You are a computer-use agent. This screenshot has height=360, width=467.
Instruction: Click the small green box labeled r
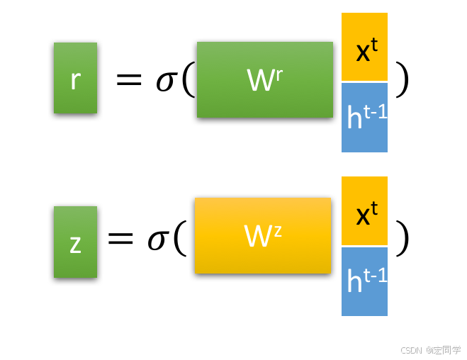click(75, 78)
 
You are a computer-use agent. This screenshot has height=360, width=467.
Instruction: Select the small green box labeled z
click(75, 242)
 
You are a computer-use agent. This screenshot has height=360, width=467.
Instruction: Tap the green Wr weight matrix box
click(264, 79)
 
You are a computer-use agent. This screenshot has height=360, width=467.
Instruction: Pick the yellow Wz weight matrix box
click(262, 235)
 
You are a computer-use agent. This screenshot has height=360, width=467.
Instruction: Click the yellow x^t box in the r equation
click(364, 47)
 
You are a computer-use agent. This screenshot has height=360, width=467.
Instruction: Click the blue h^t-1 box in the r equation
click(364, 118)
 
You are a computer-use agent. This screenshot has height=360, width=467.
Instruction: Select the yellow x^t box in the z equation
click(364, 210)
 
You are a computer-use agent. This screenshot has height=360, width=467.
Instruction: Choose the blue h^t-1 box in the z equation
click(364, 281)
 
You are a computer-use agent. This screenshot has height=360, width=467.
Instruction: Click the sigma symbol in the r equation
click(166, 81)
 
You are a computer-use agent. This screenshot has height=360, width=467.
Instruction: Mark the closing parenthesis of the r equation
click(403, 79)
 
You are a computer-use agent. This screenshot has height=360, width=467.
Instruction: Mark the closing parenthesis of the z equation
click(403, 237)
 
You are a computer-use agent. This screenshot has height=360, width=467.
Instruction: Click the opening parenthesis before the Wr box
click(187, 80)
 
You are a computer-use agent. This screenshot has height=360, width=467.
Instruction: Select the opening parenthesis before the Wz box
click(179, 238)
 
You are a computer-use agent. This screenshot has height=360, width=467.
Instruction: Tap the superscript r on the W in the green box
click(278, 74)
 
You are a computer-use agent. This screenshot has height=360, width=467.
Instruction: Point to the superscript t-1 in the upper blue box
click(376, 111)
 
